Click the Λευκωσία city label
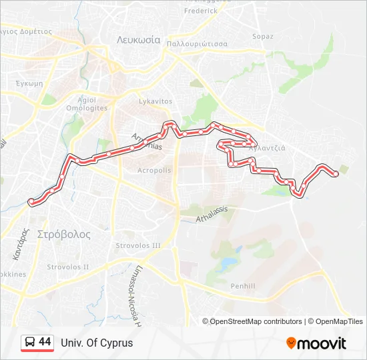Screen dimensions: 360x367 [139, 39]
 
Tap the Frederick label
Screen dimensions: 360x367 [201, 11]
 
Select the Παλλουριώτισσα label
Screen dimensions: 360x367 [198, 43]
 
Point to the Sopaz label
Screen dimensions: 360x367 [262, 36]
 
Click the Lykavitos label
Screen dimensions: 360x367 [155, 101]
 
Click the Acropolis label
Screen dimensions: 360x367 [154, 170]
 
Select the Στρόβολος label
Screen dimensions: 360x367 [63, 235]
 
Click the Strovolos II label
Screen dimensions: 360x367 [67, 267]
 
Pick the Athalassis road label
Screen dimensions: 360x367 [212, 213]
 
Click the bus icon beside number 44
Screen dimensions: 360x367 [29, 343]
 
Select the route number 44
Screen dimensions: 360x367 [45, 342]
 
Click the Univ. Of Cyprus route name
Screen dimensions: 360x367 [97, 343]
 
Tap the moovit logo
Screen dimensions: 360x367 [316, 343]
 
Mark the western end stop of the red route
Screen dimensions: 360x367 [31, 201]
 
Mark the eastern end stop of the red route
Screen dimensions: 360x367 [336, 174]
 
